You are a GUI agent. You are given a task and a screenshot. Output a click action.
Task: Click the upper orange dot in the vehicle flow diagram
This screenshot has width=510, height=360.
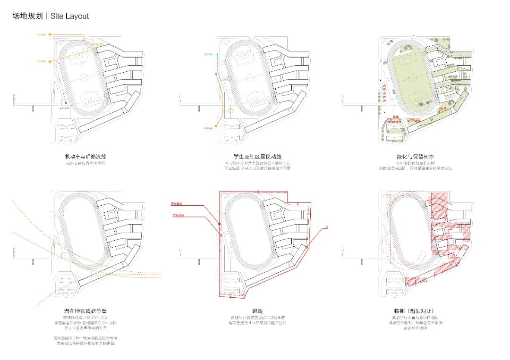(51, 34)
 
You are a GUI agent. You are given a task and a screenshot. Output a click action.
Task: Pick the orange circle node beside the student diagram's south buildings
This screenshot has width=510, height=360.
(231, 111)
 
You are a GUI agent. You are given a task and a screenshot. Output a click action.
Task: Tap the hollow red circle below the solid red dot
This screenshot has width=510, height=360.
(220, 234)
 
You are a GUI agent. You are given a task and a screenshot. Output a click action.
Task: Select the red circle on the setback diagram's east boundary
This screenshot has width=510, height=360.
(307, 246)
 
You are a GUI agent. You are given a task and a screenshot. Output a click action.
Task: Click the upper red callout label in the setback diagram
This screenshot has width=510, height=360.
(177, 203)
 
